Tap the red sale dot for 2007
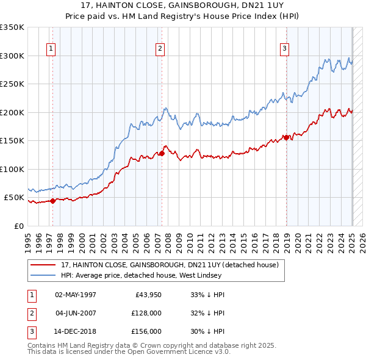[162, 154]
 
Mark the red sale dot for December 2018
[286, 137]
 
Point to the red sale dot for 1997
[53, 201]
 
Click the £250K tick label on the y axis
[12, 84]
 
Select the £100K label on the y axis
[12, 169]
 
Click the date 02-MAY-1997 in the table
[76, 295]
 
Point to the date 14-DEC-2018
[76, 331]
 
